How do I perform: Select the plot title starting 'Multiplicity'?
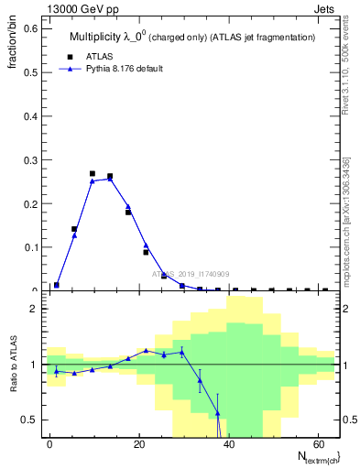tap(192, 37)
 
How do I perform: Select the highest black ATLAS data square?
tap(93, 173)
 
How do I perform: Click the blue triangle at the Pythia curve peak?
tap(110, 179)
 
